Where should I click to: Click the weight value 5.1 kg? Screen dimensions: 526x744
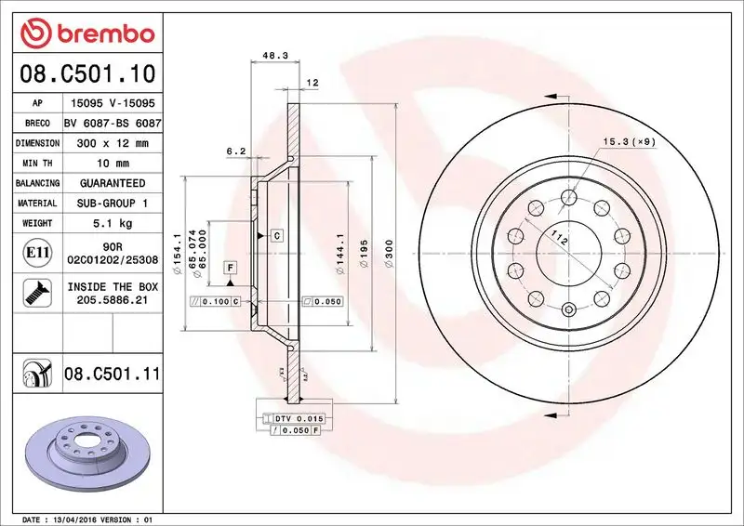[x=113, y=223]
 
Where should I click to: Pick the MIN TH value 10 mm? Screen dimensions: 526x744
[x=113, y=164]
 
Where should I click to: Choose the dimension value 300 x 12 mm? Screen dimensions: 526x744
[x=113, y=144]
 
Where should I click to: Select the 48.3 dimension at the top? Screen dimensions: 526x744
[x=273, y=56]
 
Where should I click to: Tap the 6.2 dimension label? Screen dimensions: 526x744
[x=235, y=151]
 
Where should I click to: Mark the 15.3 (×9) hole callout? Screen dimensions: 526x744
[x=629, y=141]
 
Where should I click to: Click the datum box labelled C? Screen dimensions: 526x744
[x=277, y=236]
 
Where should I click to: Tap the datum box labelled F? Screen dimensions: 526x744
[x=229, y=269]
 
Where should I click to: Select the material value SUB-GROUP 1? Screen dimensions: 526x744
[x=113, y=203]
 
